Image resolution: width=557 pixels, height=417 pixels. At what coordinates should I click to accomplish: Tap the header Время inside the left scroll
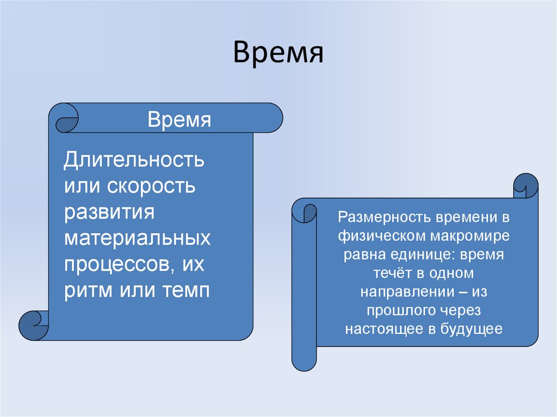[180, 120]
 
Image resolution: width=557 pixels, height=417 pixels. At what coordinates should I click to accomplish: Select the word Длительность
[134, 160]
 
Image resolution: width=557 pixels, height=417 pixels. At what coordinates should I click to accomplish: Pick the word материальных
[138, 238]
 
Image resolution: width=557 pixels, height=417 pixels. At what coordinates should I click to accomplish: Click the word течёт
[387, 273]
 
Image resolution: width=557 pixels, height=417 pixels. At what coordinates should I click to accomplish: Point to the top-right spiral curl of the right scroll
[525, 186]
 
